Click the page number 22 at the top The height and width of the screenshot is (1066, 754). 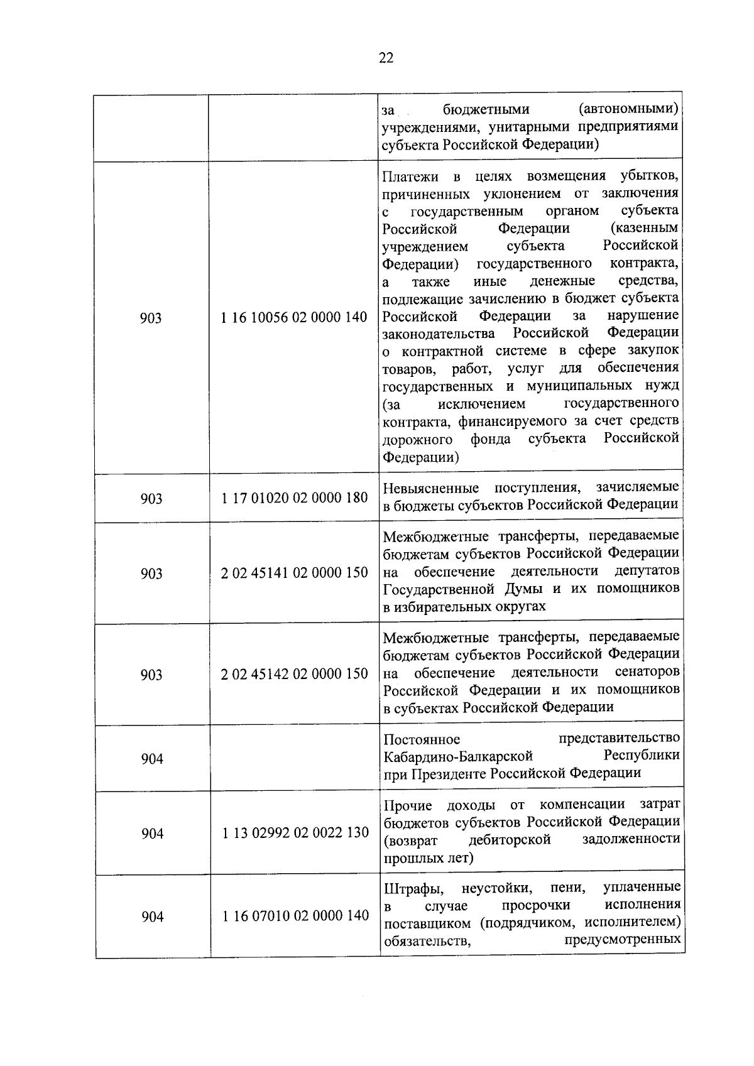[x=386, y=58]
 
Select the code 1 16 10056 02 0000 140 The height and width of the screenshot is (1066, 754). [x=294, y=318]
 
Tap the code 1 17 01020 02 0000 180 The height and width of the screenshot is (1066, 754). [x=295, y=498]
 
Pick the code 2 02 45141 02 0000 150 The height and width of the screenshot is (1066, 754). [x=295, y=573]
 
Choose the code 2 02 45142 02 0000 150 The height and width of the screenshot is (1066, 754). [x=295, y=674]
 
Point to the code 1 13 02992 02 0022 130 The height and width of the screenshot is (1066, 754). [x=295, y=833]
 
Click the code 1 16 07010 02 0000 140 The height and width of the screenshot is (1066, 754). [x=295, y=916]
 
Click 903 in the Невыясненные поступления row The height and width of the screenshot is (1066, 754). [x=151, y=499]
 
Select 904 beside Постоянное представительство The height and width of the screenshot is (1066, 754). [x=152, y=759]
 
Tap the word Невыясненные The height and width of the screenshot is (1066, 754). [x=430, y=488]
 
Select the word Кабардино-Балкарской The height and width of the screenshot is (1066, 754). [x=458, y=756]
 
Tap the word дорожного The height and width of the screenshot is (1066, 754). [x=417, y=439]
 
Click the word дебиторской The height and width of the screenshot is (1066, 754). [x=510, y=840]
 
